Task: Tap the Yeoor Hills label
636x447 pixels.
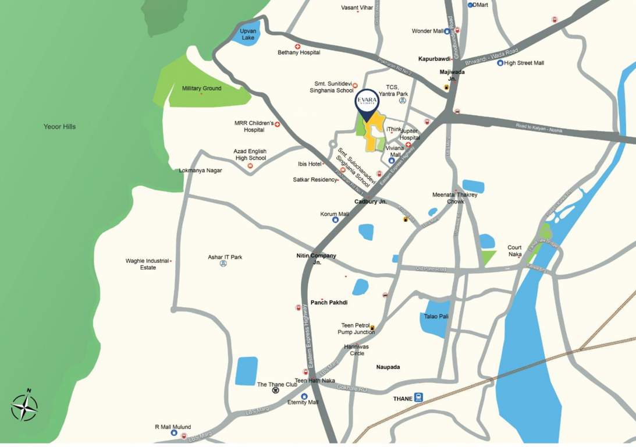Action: pos(60,126)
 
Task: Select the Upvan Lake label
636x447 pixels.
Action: pos(248,34)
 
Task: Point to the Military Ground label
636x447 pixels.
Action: pos(201,88)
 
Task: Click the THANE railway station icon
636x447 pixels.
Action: pos(418,398)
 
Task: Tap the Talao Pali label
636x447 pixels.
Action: pos(436,316)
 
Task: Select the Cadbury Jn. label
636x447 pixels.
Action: pos(371,202)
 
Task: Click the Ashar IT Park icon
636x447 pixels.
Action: pos(223,264)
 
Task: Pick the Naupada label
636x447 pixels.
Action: pos(388,367)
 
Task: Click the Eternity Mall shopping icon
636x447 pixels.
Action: pos(304,396)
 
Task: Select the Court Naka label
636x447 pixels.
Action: pos(514,251)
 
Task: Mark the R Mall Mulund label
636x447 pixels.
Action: pos(173,427)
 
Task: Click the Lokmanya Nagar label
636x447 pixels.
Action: pos(201,171)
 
